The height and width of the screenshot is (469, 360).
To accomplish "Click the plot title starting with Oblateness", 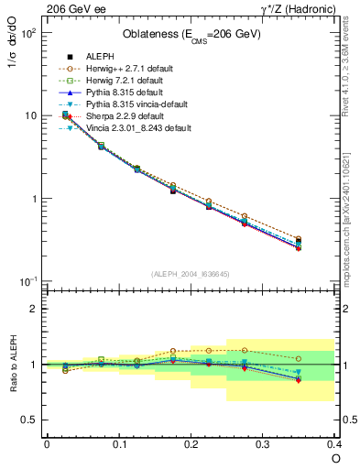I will (x=191, y=35).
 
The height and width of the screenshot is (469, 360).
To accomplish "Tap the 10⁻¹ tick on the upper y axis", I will (x=27, y=281).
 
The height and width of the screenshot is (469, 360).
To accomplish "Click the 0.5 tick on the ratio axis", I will (x=29, y=420).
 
